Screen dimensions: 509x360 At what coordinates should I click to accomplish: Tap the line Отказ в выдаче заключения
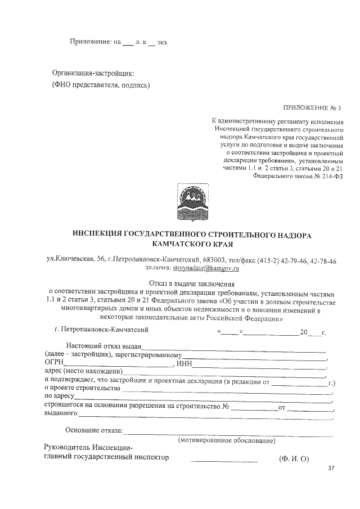coord(192,283)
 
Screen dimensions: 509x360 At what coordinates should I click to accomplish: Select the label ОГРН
coord(55,363)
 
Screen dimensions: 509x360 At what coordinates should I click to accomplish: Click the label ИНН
coord(184,363)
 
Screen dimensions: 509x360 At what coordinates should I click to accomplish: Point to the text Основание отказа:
coord(94,431)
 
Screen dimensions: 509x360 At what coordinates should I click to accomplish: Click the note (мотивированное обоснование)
coord(226,441)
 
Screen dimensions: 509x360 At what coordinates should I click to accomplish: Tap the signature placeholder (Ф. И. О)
coord(294,459)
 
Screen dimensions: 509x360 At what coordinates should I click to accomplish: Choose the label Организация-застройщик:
coord(93,73)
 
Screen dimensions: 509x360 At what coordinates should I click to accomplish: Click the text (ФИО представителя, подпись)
coord(101,85)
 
